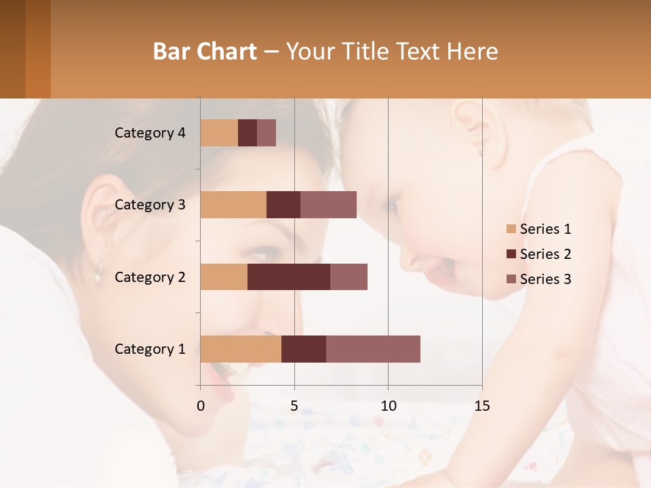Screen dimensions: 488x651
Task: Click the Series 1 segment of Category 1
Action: tap(241, 348)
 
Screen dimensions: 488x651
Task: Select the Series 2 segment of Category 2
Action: tap(289, 277)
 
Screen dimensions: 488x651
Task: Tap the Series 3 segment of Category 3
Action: tap(328, 205)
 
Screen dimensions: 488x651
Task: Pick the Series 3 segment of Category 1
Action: tap(373, 348)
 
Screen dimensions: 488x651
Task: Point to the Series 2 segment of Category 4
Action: tap(248, 133)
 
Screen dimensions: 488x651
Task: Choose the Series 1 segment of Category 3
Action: tap(233, 205)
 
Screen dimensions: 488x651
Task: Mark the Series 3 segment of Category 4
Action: tap(267, 133)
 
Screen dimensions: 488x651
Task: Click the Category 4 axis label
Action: tap(150, 133)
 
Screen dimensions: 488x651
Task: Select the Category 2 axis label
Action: tap(150, 277)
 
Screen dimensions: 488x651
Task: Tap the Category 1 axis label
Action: tap(150, 348)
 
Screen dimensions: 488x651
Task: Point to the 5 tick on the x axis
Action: tap(294, 406)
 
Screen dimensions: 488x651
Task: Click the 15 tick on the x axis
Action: tap(481, 406)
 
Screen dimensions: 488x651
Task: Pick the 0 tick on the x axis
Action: tap(201, 406)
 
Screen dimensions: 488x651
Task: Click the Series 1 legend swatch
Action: tap(511, 229)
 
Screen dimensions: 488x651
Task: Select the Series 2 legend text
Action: tap(545, 254)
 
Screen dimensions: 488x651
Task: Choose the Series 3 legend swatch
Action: tap(511, 279)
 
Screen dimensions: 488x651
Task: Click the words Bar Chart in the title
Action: tap(205, 52)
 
